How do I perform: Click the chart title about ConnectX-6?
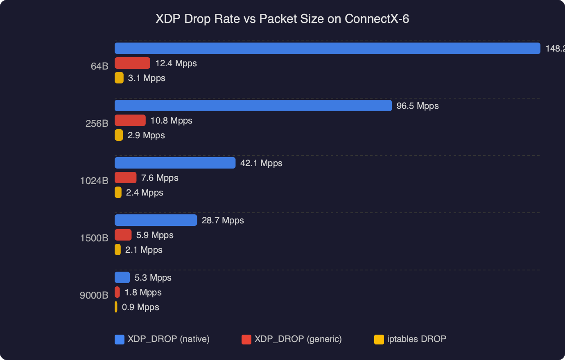282,19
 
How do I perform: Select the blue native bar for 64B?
327,48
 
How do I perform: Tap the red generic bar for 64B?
132,63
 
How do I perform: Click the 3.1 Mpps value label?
147,78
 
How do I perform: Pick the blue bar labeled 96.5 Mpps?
253,106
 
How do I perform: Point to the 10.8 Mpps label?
171,121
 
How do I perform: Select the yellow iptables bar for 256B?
119,135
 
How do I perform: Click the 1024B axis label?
94,180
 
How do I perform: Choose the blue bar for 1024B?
175,163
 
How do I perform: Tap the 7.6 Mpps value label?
160,178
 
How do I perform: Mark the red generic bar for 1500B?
123,235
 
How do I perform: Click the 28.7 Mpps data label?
223,220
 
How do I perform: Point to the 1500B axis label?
94,238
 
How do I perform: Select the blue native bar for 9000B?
122,277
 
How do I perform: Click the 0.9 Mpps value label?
140,307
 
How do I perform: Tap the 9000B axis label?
94,295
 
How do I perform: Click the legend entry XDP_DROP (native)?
163,339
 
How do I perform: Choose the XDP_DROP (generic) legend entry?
292,339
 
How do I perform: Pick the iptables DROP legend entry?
411,339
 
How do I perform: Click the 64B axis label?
99,66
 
